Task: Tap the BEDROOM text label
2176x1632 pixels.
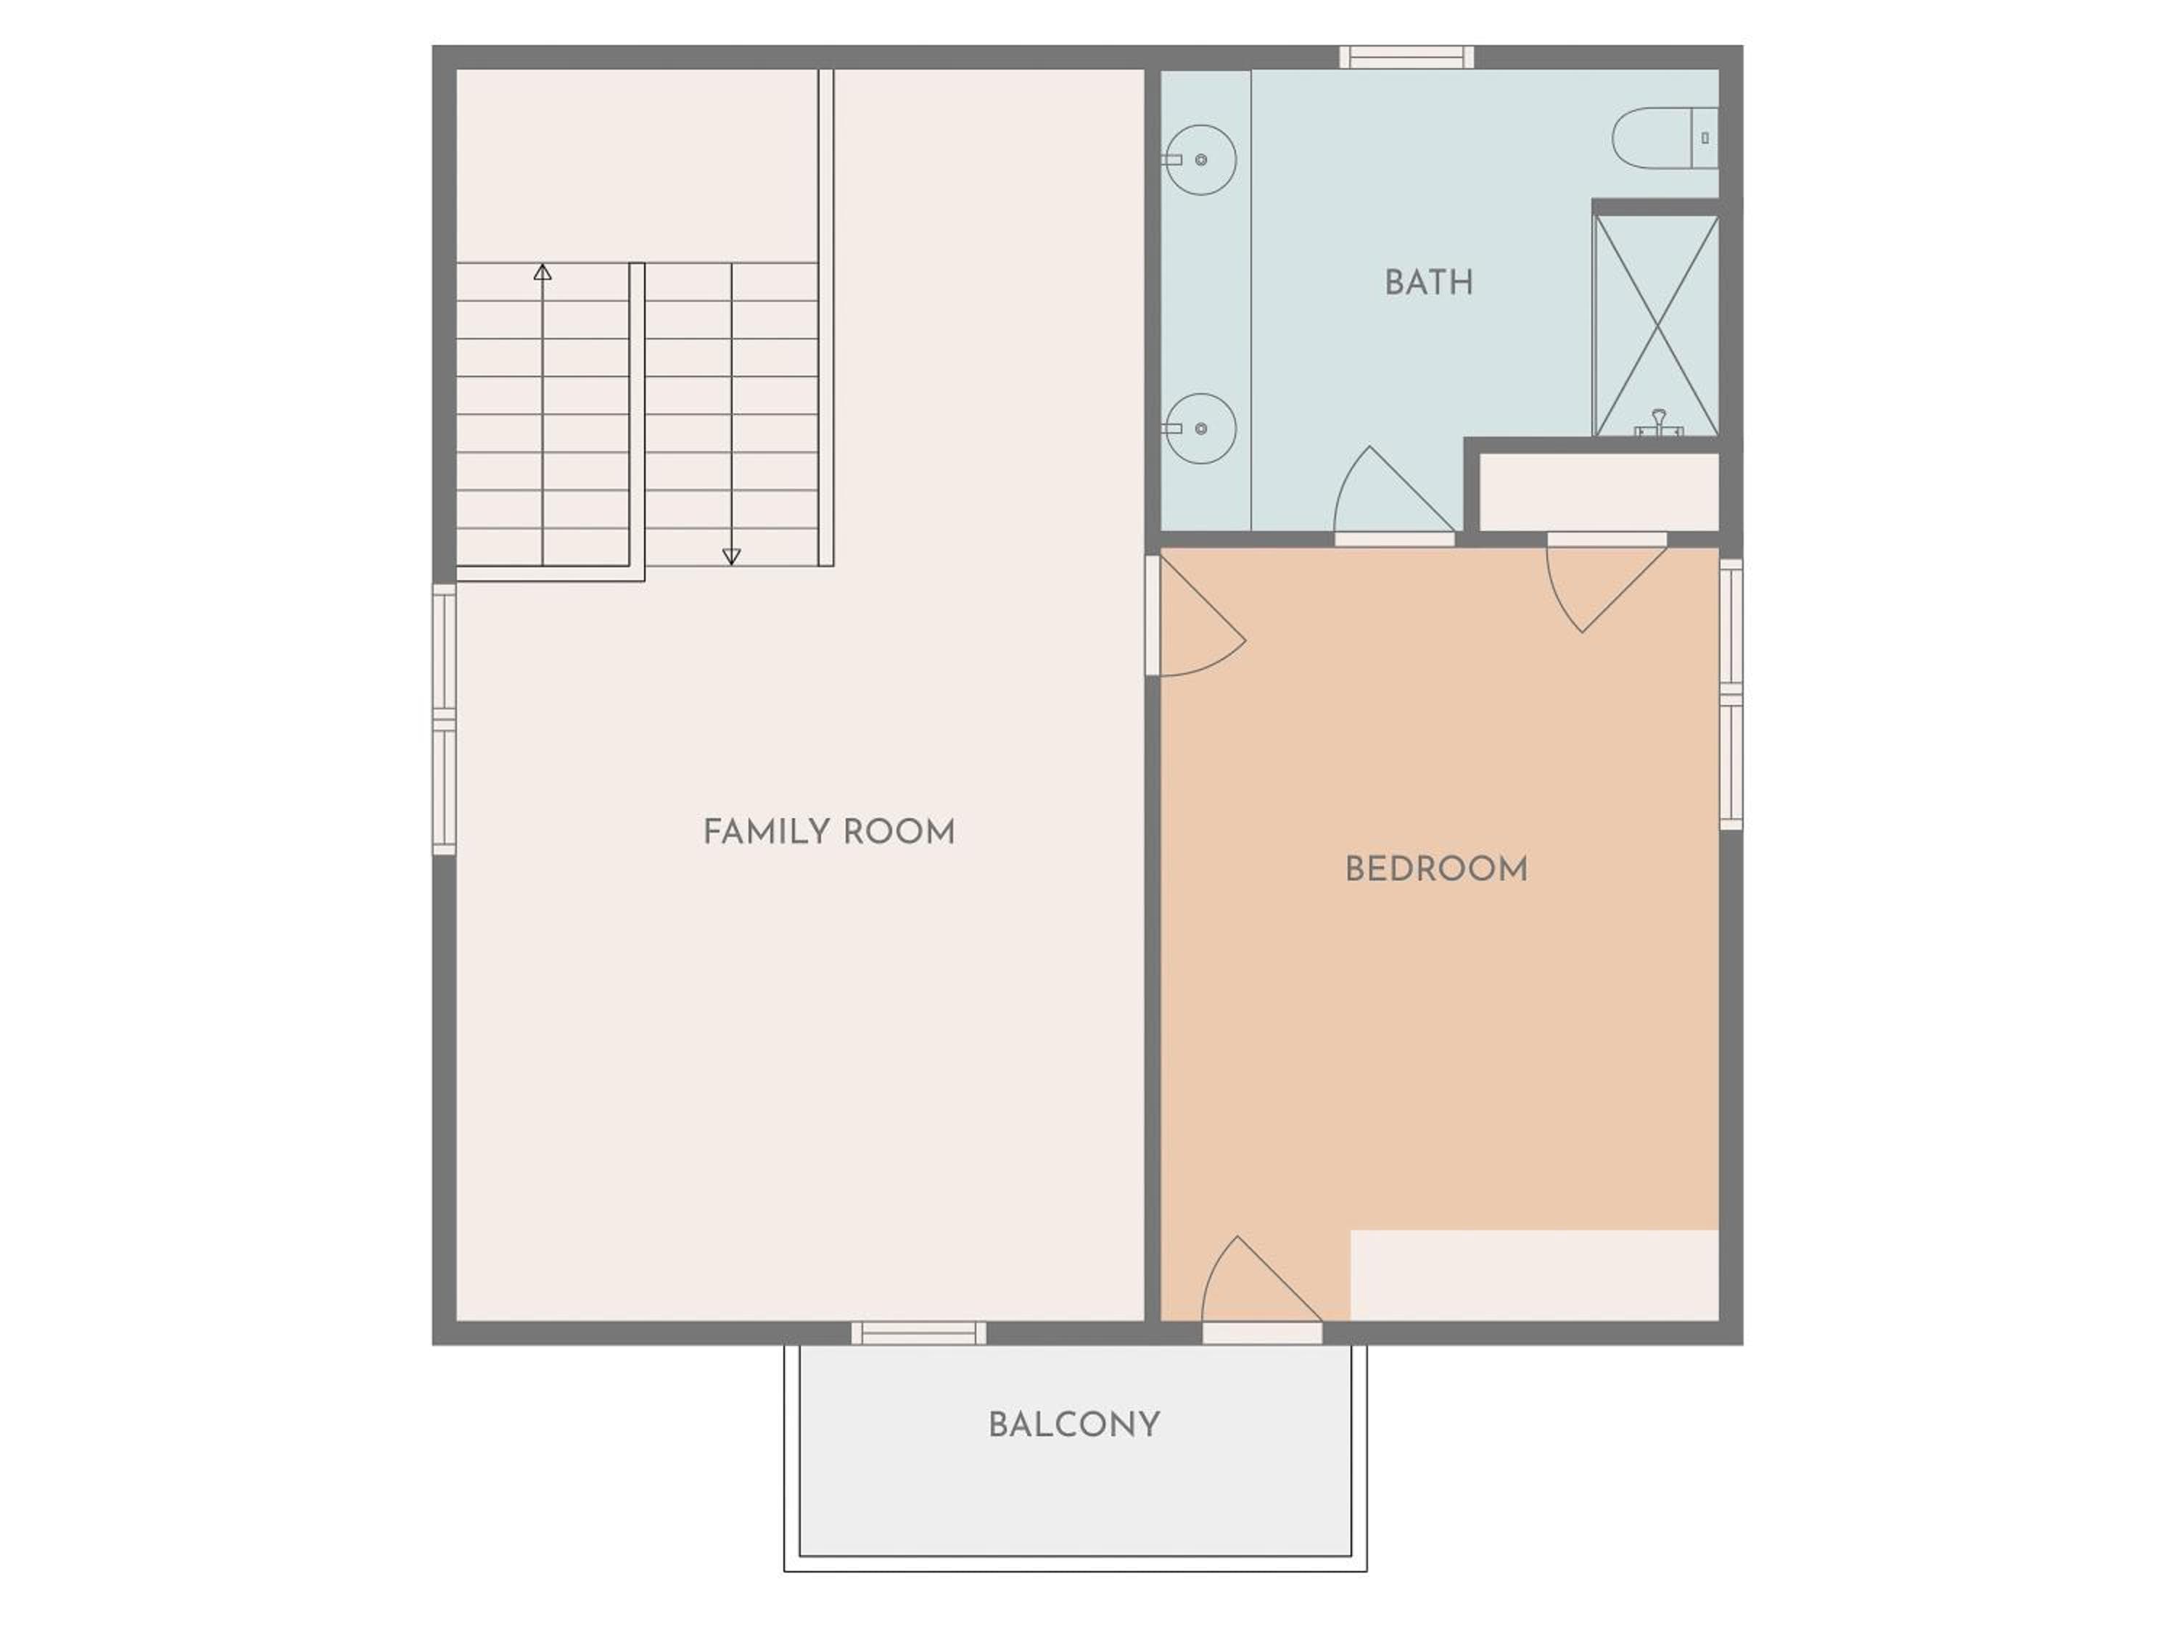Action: (1436, 870)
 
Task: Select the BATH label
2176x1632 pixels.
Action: (1428, 284)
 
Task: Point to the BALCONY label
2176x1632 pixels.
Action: (1074, 1425)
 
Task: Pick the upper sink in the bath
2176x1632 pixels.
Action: (1200, 160)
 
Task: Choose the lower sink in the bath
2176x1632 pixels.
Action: (1200, 429)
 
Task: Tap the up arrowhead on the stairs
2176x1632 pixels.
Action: (542, 273)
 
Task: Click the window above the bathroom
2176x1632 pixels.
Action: (1406, 57)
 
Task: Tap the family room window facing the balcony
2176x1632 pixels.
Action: (919, 1333)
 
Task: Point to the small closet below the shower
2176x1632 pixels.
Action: (1599, 492)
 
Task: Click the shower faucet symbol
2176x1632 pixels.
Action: (1659, 423)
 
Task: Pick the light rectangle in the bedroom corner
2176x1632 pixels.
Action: (1535, 1275)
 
